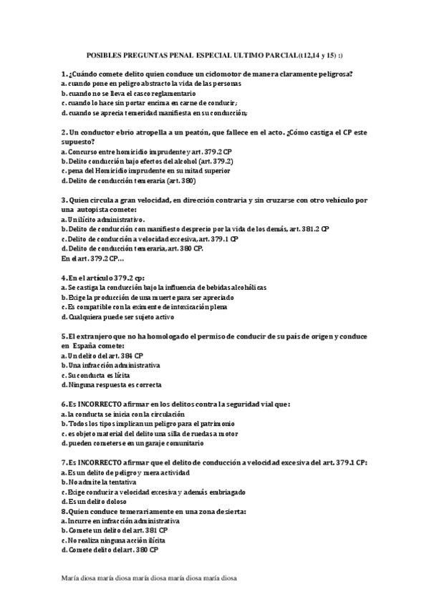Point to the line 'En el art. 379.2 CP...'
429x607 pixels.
[92, 258]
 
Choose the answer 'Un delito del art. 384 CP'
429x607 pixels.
[102, 355]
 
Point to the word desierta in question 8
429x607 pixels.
[228, 512]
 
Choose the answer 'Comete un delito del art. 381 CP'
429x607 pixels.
[114, 530]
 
